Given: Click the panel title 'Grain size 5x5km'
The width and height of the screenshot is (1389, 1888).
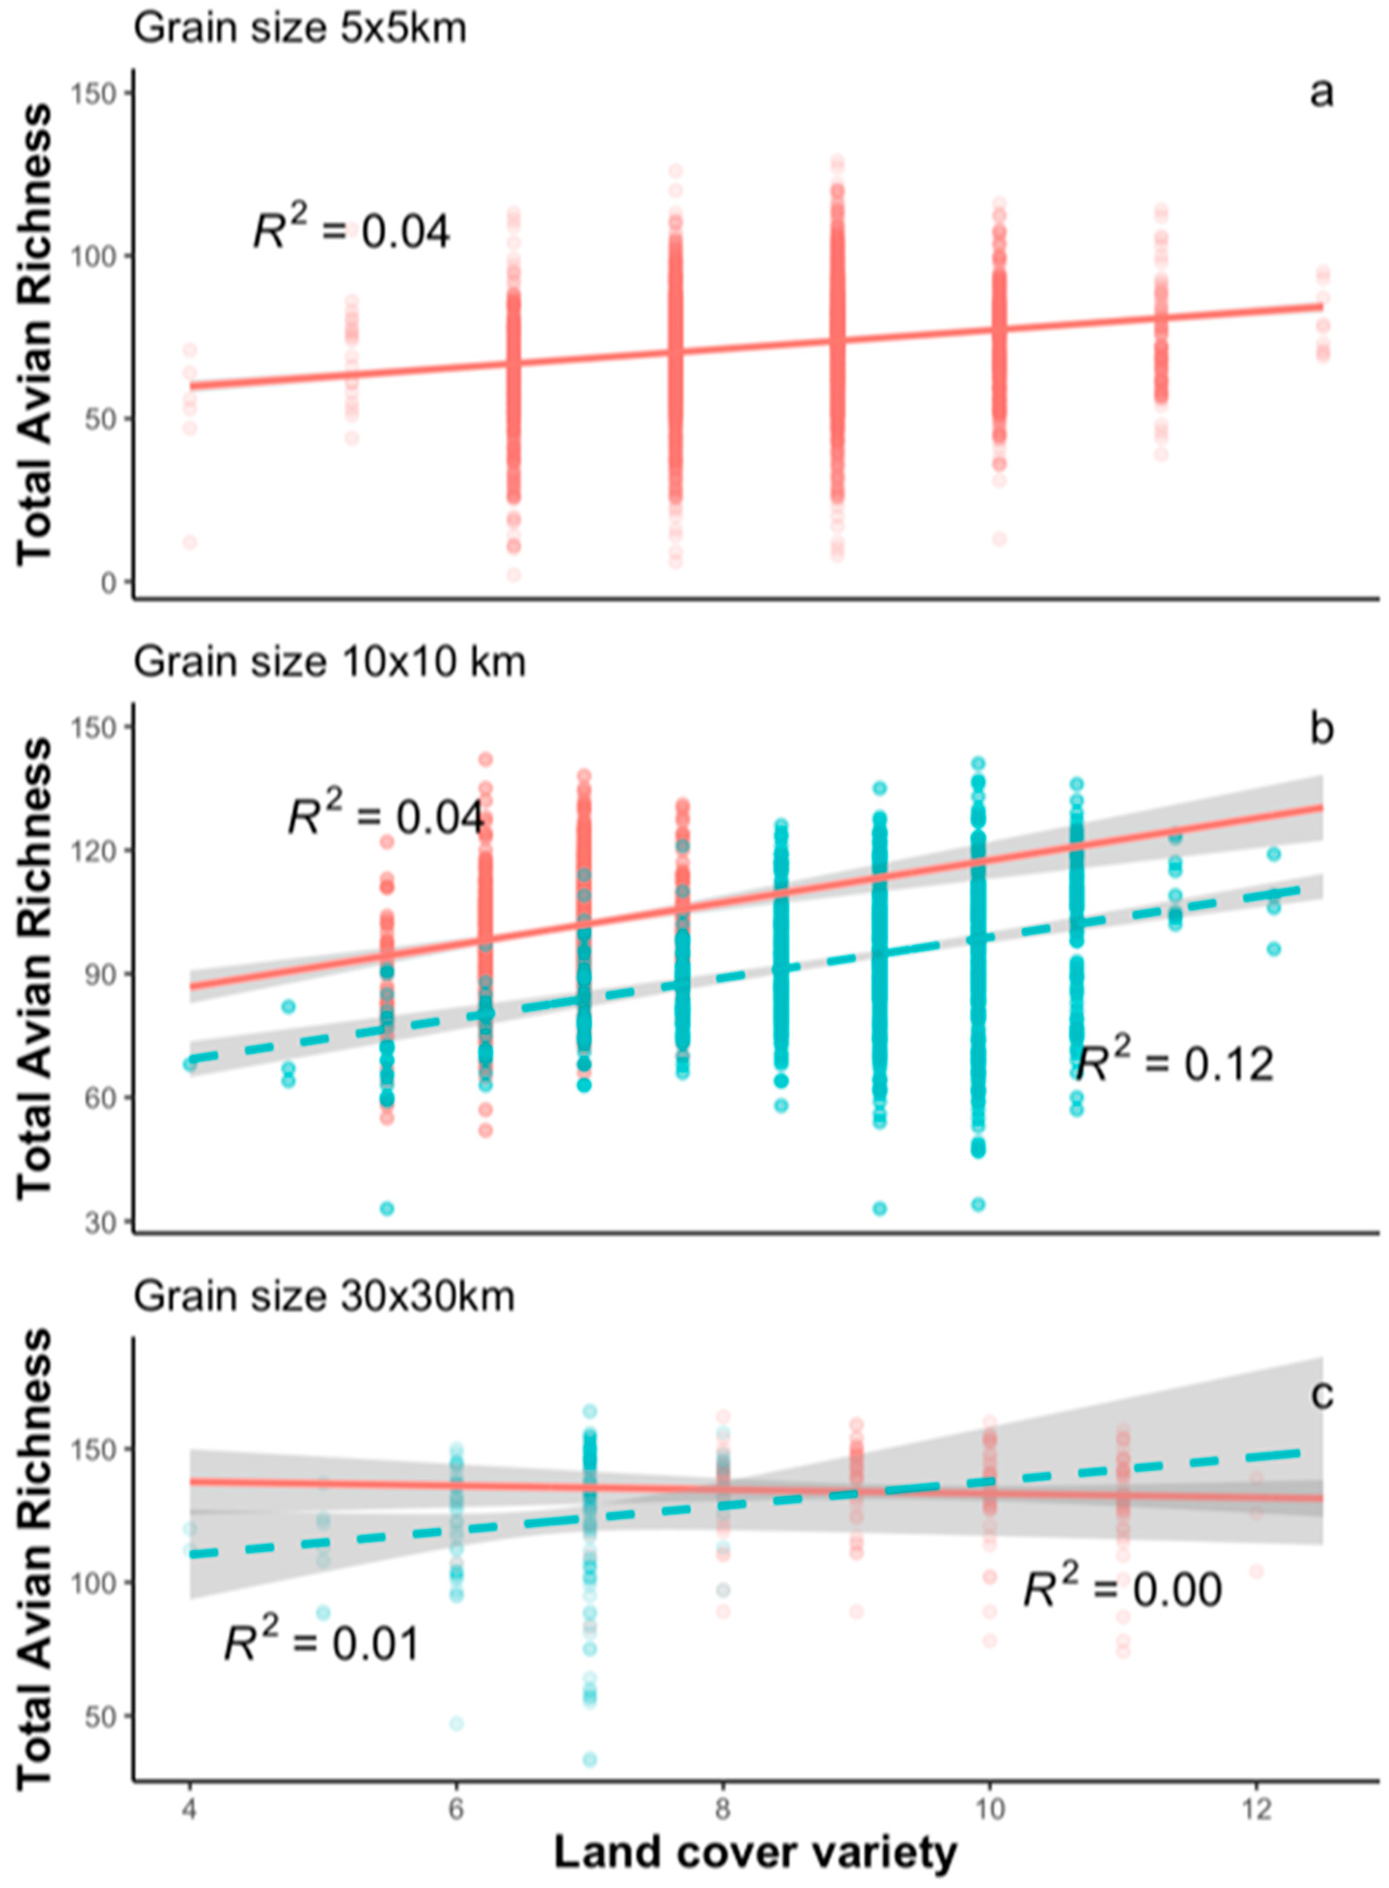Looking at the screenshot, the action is point(300,29).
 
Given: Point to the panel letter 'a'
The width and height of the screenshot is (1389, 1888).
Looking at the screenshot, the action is point(1322,94).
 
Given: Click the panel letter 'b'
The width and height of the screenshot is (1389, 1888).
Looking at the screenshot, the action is point(1322,728).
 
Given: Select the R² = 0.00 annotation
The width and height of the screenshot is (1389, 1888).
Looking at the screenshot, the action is point(1122,1586).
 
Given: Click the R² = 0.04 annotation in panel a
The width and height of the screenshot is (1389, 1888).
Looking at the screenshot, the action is point(352,229).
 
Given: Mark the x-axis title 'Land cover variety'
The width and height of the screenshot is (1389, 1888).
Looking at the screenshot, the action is point(755,1852).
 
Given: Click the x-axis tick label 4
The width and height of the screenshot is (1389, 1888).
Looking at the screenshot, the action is point(190,1802).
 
